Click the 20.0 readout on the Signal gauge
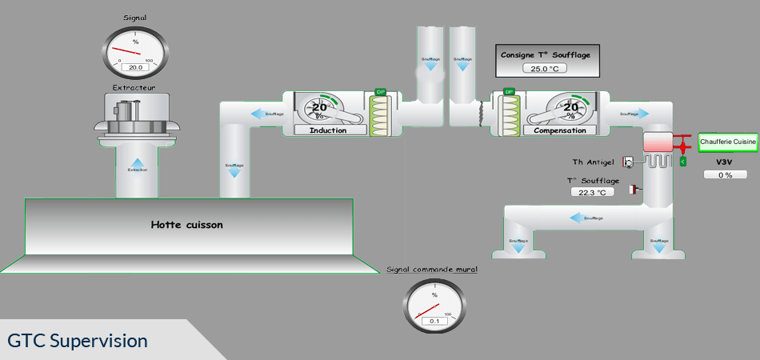(135, 68)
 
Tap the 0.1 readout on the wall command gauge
(434, 322)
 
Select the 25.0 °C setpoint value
(546, 69)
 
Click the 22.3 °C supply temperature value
(593, 192)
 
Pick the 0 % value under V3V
(726, 174)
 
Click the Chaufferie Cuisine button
(728, 142)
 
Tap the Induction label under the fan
(327, 130)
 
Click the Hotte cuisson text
(187, 225)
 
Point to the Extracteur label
(134, 86)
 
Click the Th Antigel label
(593, 162)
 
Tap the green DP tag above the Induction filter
(381, 93)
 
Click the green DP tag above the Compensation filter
(508, 93)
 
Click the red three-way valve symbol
(682, 147)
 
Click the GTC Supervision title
(78, 341)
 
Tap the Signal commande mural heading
(432, 270)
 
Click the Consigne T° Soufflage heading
(546, 54)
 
